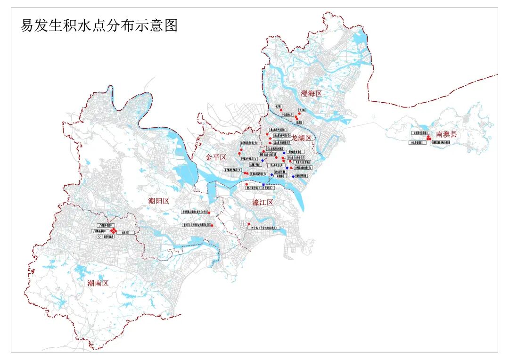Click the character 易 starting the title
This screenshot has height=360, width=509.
click(26, 25)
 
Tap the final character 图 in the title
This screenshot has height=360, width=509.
click(171, 25)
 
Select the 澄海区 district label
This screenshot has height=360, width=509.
click(311, 93)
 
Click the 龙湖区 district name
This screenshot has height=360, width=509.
click(302, 138)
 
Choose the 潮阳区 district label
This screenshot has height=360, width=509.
click(158, 201)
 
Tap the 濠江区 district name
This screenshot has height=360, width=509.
click(263, 203)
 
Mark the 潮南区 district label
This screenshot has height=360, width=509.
click(98, 283)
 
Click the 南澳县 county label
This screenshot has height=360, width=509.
click(447, 134)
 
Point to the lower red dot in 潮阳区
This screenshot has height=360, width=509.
click(213, 226)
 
